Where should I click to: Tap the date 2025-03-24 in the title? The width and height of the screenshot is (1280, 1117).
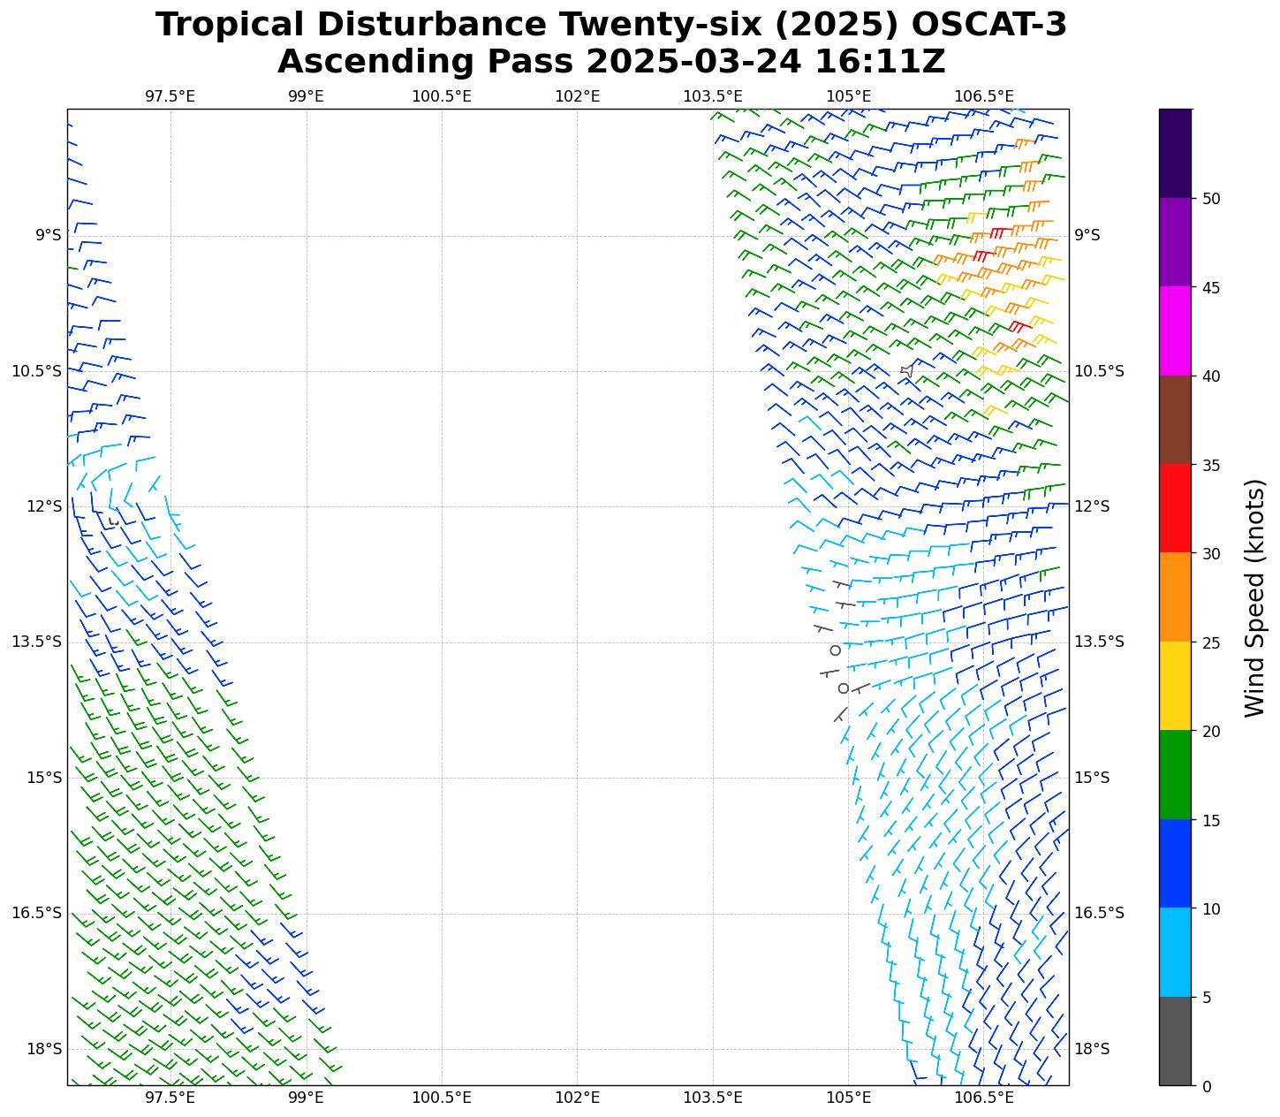[694, 63]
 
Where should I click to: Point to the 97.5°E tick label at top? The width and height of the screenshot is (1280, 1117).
[170, 96]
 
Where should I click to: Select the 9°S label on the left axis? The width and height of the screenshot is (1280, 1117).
[49, 235]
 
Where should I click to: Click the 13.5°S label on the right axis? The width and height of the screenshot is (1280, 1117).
[1099, 642]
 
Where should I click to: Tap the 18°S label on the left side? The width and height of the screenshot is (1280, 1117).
[45, 1049]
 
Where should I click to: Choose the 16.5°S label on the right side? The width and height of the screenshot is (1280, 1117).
[1099, 913]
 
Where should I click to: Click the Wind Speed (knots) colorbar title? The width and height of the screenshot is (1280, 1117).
[1254, 597]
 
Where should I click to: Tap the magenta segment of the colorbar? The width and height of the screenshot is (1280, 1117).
[1175, 331]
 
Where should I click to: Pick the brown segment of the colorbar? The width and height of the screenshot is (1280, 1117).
[1175, 420]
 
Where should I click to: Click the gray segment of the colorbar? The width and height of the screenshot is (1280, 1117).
[1175, 1041]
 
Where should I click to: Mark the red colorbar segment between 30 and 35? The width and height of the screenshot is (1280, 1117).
[1175, 508]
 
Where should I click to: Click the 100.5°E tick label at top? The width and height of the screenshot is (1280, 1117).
[442, 96]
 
